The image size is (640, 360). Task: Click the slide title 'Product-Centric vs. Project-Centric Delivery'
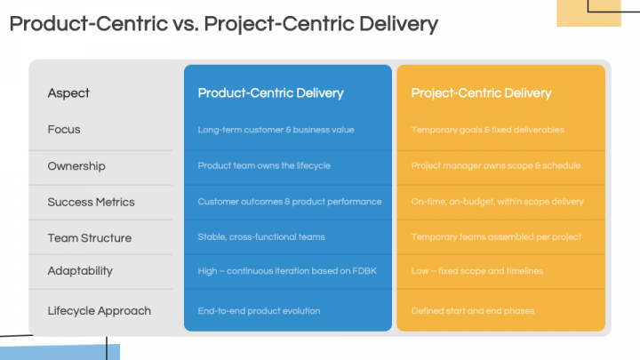[223, 24]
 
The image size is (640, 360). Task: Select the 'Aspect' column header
[68, 92]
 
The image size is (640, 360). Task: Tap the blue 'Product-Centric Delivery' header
[270, 92]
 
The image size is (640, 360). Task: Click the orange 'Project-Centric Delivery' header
[481, 92]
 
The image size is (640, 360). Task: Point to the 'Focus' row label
[64, 130]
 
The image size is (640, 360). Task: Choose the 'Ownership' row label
[76, 166]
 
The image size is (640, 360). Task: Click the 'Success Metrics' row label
[91, 202]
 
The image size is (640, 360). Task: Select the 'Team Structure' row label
[89, 238]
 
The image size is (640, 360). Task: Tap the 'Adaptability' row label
[80, 270]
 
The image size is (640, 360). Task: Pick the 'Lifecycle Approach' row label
[99, 311]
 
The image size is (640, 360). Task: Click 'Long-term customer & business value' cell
[276, 130]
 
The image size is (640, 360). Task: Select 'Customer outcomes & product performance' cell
[289, 202]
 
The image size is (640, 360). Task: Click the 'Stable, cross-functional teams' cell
[261, 237]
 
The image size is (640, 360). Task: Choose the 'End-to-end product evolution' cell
[259, 311]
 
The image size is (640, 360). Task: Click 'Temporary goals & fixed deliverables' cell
[487, 130]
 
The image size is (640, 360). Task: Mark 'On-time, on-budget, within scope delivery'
[497, 202]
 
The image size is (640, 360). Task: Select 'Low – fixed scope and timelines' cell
[477, 270]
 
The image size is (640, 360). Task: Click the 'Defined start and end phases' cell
[471, 311]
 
